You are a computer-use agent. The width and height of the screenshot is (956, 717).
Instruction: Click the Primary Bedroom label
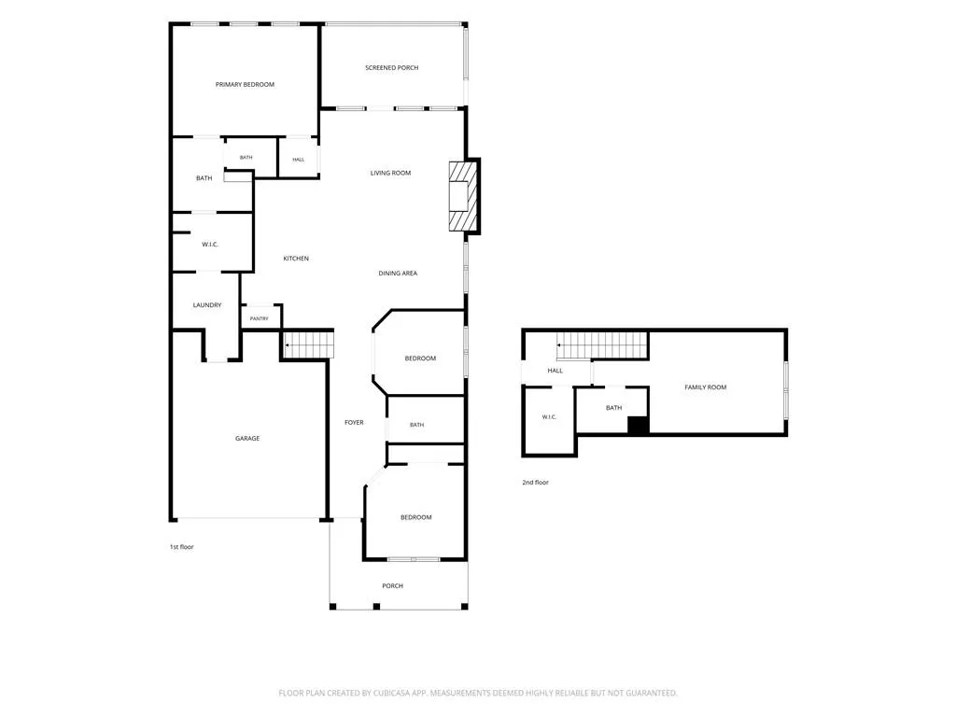245,85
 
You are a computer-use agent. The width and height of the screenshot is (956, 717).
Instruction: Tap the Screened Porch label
391,67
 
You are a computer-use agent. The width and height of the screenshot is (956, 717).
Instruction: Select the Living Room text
390,173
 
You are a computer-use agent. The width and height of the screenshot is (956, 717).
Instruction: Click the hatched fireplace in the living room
463,196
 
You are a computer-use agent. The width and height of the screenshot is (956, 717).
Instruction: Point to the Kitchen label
296,259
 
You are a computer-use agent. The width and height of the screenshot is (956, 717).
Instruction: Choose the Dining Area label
398,274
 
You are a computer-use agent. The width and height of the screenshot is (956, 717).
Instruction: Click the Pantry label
260,319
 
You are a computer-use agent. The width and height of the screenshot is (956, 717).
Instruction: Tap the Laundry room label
206,305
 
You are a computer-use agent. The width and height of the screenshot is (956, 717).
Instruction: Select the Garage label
246,439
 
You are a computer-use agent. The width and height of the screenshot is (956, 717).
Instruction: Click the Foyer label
354,423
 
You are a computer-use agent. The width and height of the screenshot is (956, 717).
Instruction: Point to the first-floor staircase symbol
309,344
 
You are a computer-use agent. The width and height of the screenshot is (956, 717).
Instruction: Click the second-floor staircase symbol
602,345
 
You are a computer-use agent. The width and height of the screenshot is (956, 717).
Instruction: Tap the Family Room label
706,387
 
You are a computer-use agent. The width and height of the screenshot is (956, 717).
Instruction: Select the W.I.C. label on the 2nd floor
549,417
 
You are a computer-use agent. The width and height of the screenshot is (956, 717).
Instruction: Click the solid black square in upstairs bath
637,425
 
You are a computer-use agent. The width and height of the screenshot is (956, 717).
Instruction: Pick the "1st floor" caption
182,547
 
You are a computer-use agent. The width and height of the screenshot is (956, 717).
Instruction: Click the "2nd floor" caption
535,483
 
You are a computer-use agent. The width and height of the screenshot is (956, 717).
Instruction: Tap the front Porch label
393,586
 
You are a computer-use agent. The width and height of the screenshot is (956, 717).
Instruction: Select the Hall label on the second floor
555,371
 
